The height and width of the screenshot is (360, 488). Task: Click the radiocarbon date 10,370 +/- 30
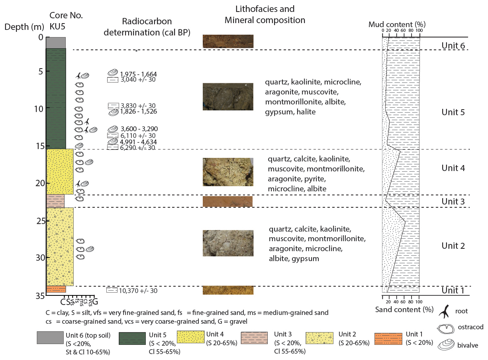tap(138, 291)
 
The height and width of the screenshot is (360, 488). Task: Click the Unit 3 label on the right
tap(453, 201)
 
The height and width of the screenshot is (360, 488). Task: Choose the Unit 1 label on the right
tap(453, 290)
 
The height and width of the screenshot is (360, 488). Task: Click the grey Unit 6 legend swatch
tap(50, 337)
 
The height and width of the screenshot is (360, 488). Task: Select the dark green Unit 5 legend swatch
tap(132, 338)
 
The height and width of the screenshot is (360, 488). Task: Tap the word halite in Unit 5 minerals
tap(306, 112)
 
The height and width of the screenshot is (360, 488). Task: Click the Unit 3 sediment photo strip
tap(227, 201)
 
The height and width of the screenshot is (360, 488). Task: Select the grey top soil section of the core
tap(56, 42)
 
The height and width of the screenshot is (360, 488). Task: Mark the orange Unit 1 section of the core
tap(56, 289)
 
